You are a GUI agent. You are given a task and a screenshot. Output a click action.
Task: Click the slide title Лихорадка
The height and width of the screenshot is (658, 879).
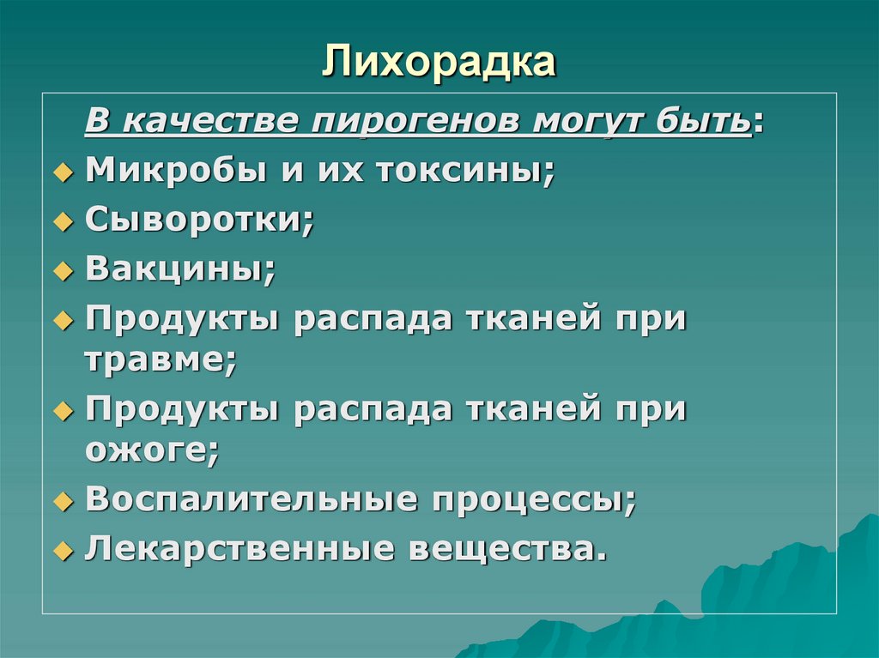click(x=439, y=64)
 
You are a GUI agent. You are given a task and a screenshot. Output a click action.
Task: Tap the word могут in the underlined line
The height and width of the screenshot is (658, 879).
click(x=581, y=122)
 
